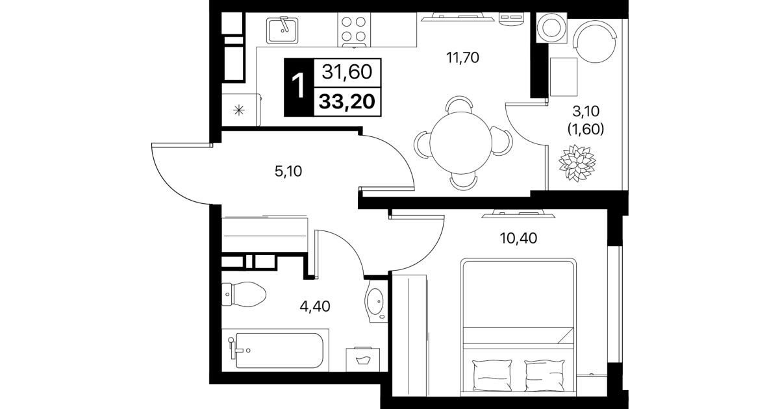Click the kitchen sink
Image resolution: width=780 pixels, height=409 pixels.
coord(282,31)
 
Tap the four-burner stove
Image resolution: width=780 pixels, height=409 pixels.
coord(353,30)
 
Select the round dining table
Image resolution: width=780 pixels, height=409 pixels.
coord(461,143)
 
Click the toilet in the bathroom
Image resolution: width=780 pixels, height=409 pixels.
coord(244,294)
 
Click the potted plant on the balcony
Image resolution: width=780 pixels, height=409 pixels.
coord(577,162)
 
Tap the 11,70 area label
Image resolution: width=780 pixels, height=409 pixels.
coord(462,58)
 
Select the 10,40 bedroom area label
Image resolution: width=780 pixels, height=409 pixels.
coord(518,238)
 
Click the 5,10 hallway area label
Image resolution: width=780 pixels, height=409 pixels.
coord(288,171)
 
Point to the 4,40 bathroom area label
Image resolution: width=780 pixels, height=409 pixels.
coord(315,306)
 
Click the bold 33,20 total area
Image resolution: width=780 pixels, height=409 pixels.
coord(347,102)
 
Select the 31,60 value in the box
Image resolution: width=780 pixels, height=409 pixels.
coord(347,72)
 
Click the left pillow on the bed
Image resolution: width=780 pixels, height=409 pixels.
coord(492,375)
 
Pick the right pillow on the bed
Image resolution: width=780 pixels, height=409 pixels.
coord(545,375)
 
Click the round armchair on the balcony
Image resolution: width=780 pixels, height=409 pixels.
coord(595,42)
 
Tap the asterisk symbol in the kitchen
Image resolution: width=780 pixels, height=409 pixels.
coord(239,110)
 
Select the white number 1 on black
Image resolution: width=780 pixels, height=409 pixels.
coord(298,86)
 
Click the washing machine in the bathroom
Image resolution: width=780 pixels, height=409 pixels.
coord(363,360)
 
